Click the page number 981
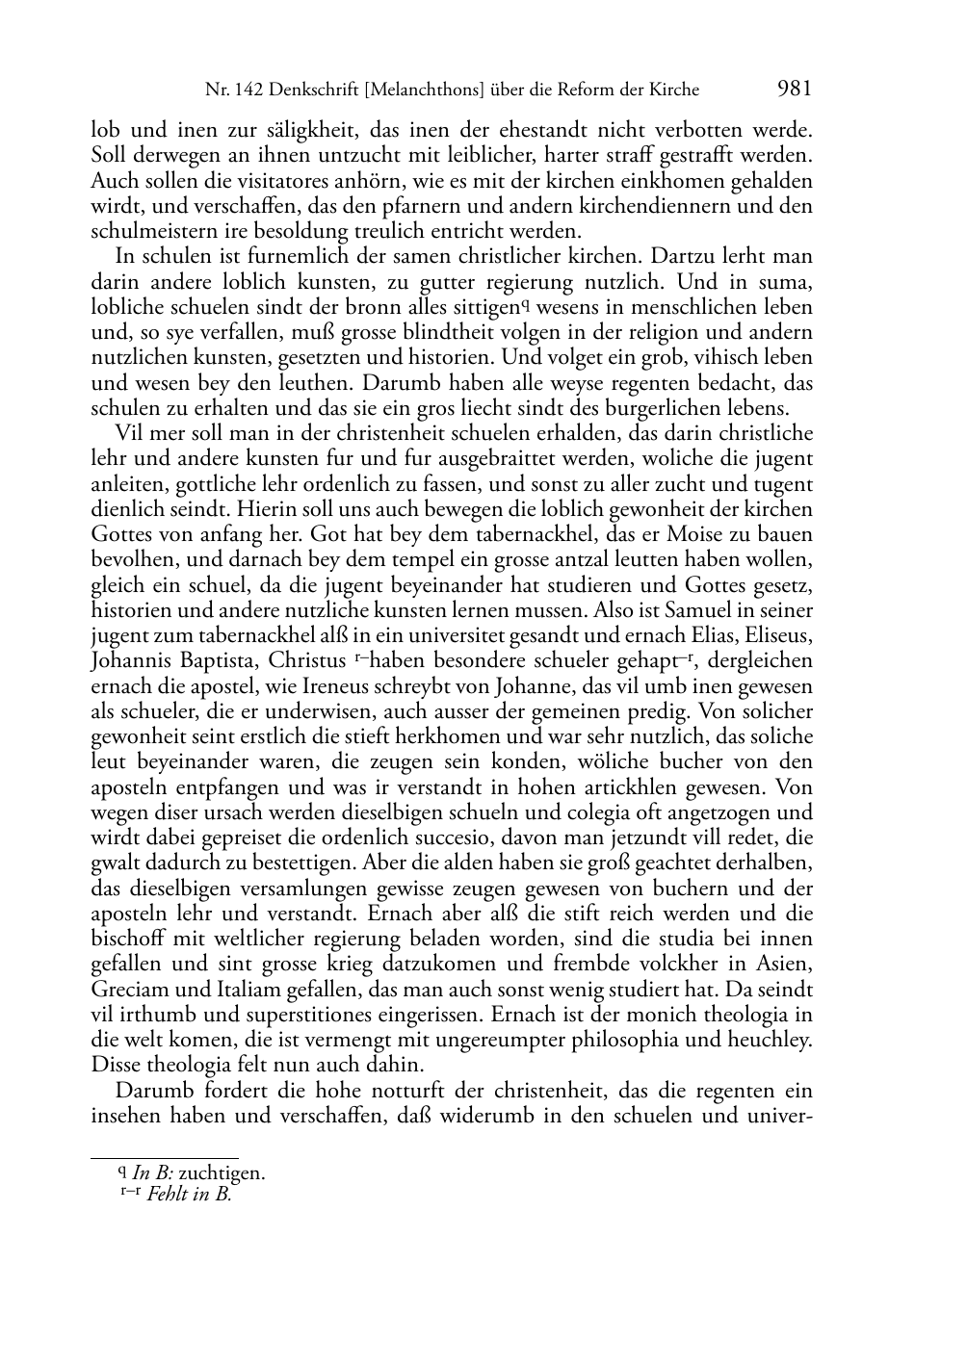(794, 90)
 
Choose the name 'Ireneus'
(362, 686)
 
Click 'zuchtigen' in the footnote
(222, 1173)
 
